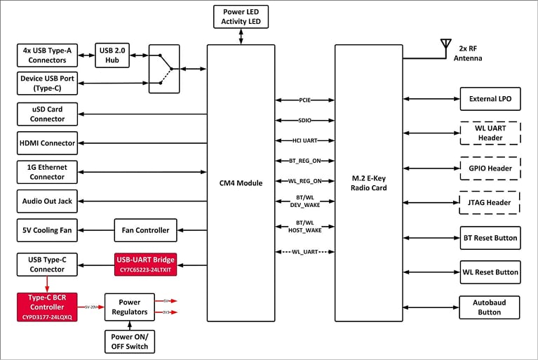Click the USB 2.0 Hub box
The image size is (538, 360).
pyautogui.click(x=113, y=55)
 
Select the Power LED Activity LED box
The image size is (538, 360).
pyautogui.click(x=241, y=17)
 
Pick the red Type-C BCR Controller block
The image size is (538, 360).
pyautogui.click(x=47, y=307)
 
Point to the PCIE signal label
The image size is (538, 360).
pyautogui.click(x=304, y=101)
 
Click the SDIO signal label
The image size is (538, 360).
pyautogui.click(x=304, y=121)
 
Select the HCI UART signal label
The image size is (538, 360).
pyautogui.click(x=304, y=140)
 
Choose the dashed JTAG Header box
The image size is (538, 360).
pyautogui.click(x=490, y=203)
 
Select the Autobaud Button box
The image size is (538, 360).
pyautogui.click(x=490, y=307)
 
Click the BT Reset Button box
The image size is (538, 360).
pyautogui.click(x=490, y=238)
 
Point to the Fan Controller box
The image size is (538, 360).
pyautogui.click(x=146, y=229)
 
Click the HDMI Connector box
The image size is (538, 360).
pyautogui.click(x=47, y=143)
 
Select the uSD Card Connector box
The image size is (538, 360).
pyautogui.click(x=47, y=114)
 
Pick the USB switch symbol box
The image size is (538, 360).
pyautogui.click(x=163, y=69)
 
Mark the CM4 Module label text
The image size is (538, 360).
pyautogui.click(x=241, y=183)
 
